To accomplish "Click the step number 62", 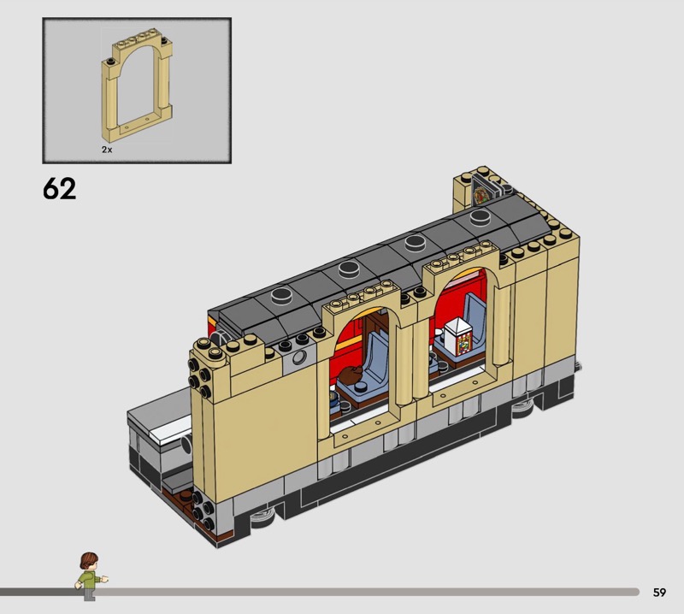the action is pyautogui.click(x=59, y=188).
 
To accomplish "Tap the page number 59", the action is pyautogui.click(x=659, y=592).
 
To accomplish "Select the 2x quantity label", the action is pyautogui.click(x=107, y=150).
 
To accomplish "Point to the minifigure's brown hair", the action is pyautogui.click(x=89, y=560).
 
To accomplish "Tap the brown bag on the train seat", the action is pyautogui.click(x=349, y=375).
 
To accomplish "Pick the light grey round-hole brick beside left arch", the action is pyautogui.click(x=299, y=357).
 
